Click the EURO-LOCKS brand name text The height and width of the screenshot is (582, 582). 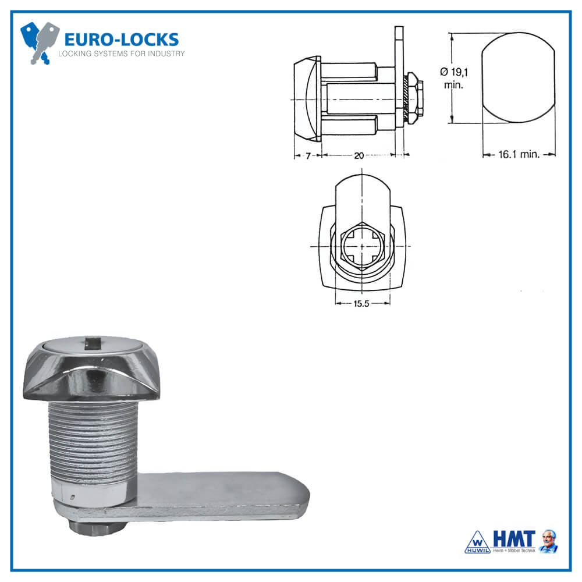[x=121, y=40]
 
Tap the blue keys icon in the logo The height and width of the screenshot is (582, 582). [x=40, y=42]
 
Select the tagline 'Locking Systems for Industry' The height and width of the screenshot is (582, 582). [x=122, y=54]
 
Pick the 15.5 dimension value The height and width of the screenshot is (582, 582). [x=362, y=303]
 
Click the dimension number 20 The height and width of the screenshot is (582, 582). [x=359, y=155]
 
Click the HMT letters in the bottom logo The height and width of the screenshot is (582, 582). [x=513, y=538]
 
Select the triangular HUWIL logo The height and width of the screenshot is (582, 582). [x=477, y=542]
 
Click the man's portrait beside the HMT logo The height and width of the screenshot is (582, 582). [x=548, y=541]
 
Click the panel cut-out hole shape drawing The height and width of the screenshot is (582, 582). [x=518, y=78]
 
